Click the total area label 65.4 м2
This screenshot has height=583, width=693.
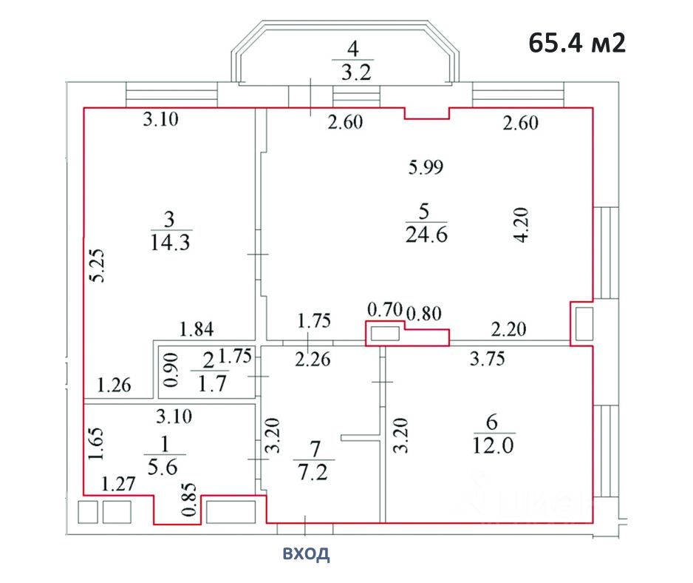click(x=577, y=42)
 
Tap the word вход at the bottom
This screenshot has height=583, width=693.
click(x=304, y=553)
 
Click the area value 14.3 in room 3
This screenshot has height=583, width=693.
click(x=170, y=243)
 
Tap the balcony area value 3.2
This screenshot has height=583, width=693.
click(x=352, y=73)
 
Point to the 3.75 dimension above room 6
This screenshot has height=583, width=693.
click(x=489, y=360)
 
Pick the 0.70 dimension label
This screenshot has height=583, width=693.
click(x=384, y=309)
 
